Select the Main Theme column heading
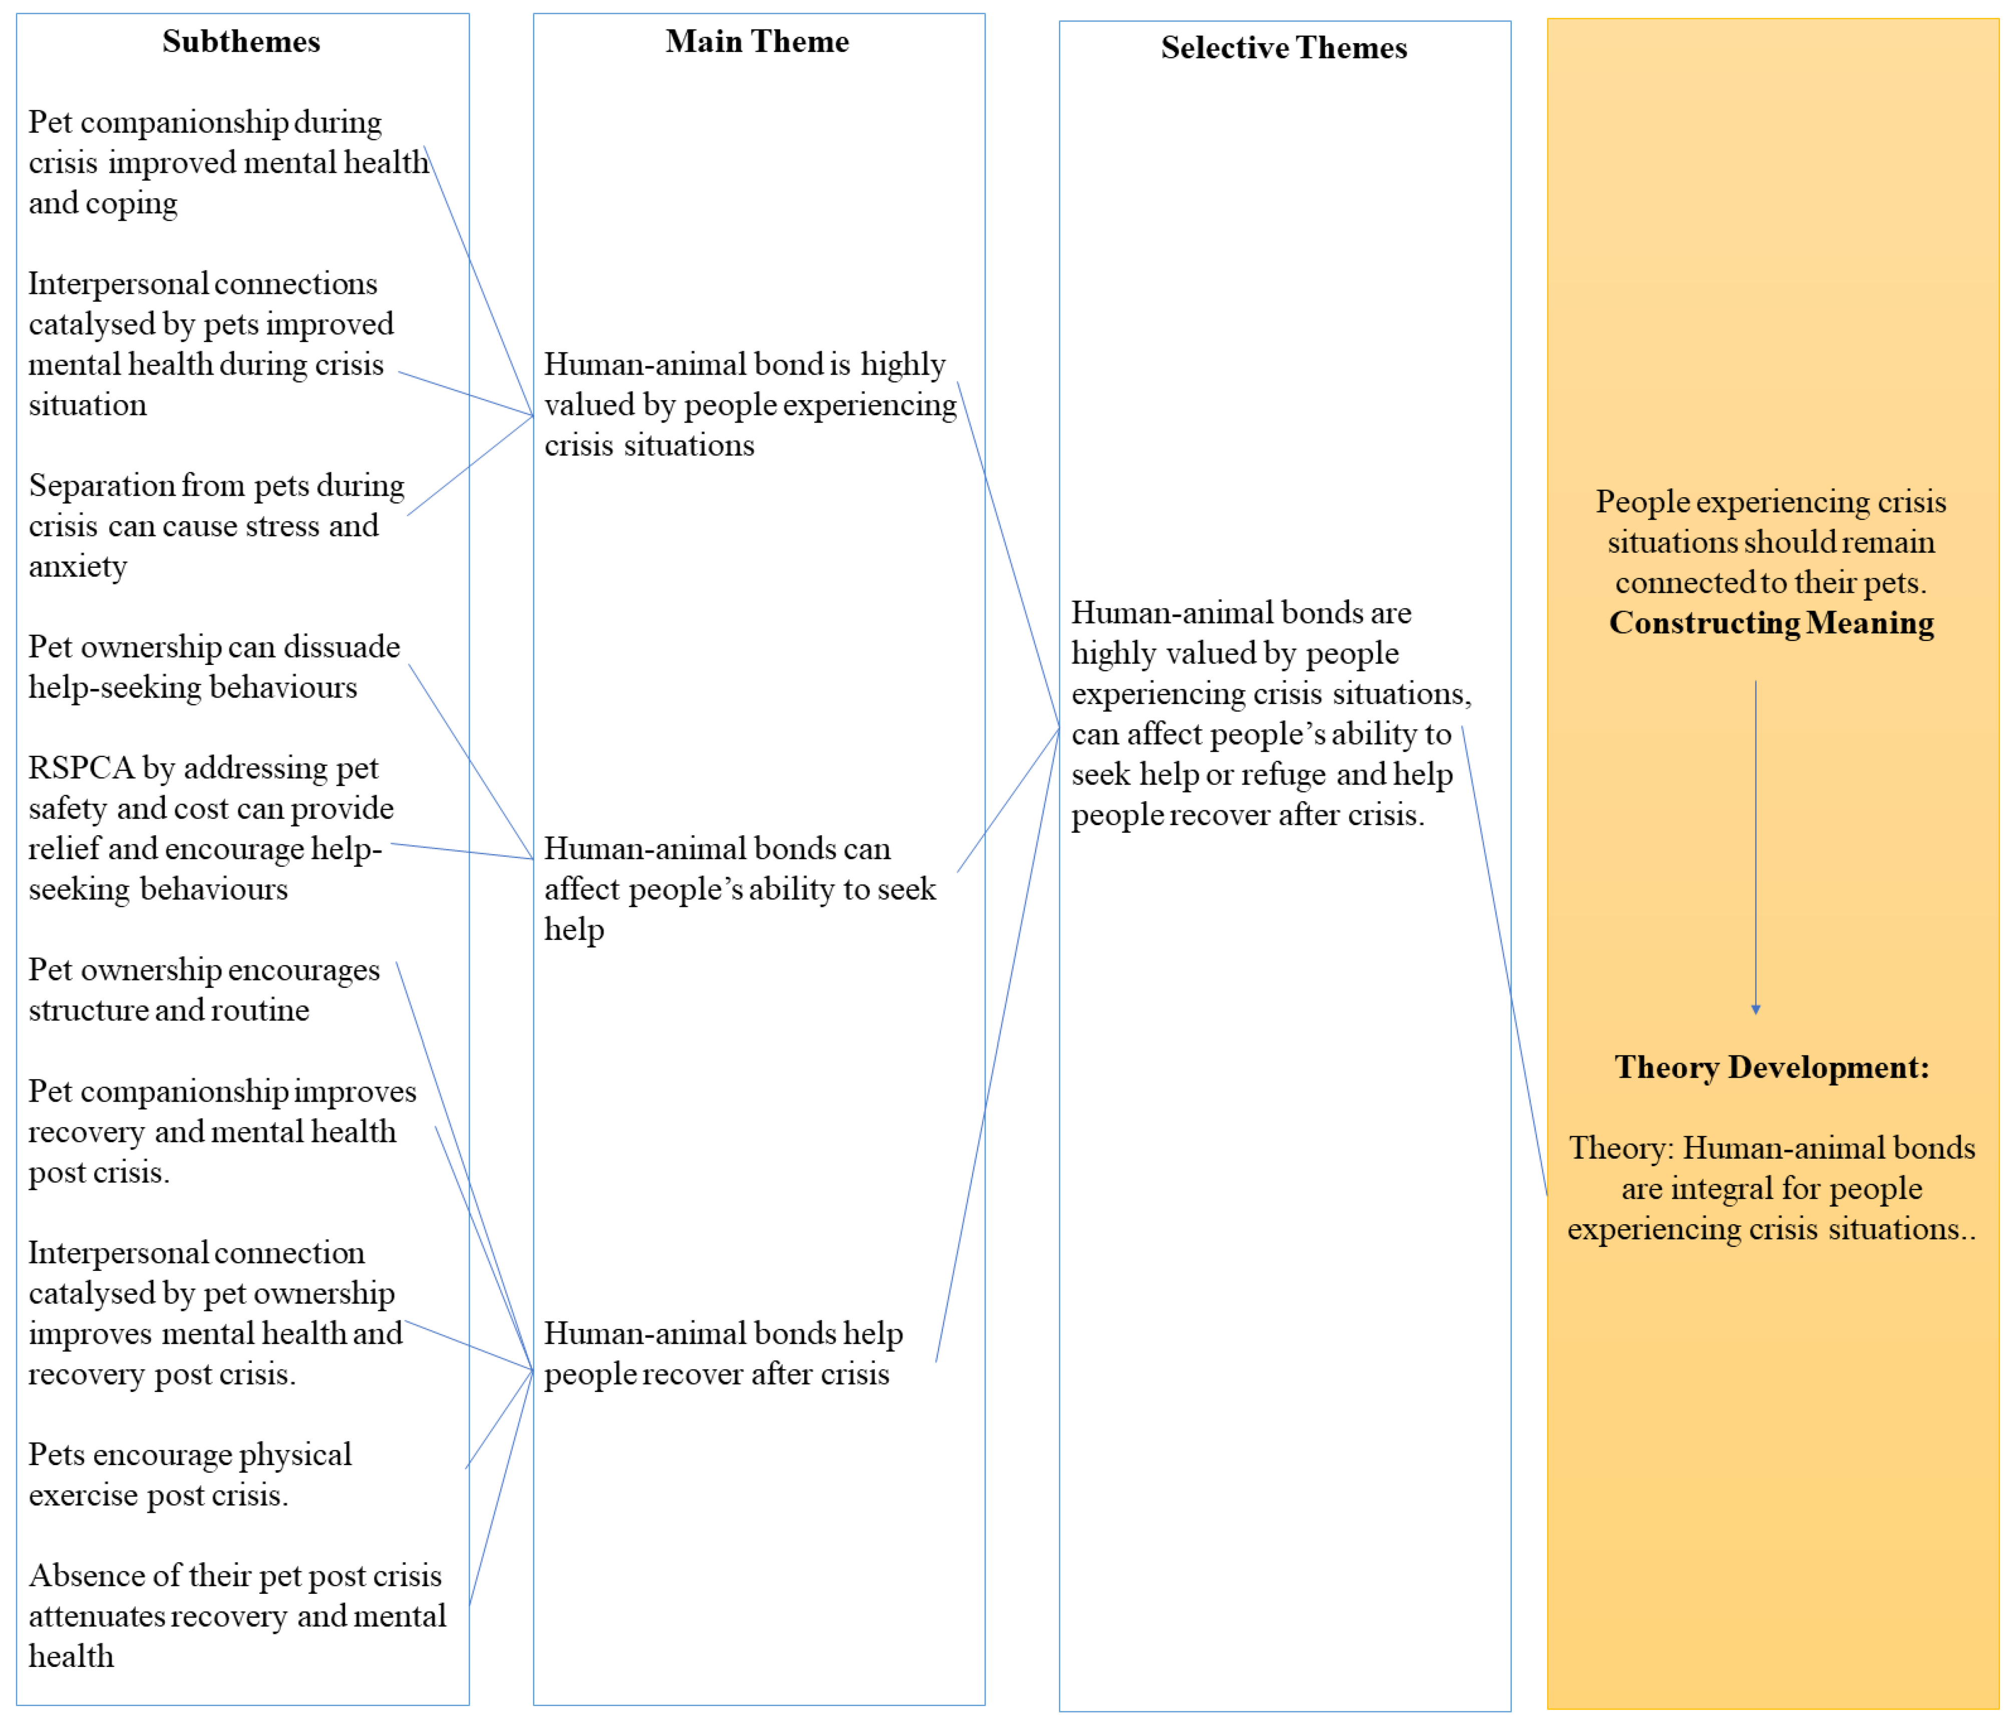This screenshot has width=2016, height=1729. click(x=757, y=42)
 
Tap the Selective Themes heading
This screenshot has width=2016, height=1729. click(x=1283, y=48)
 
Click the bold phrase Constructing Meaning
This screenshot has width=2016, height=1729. click(x=1771, y=623)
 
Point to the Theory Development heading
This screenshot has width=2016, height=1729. click(x=1771, y=1068)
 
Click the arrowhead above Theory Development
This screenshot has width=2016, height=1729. click(x=1755, y=1010)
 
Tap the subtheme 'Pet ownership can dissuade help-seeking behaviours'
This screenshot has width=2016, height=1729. click(x=214, y=666)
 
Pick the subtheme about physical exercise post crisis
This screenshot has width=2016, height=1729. click(x=190, y=1474)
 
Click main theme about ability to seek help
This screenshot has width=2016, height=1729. click(x=740, y=888)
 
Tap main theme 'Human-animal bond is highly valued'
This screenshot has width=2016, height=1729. click(x=749, y=404)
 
